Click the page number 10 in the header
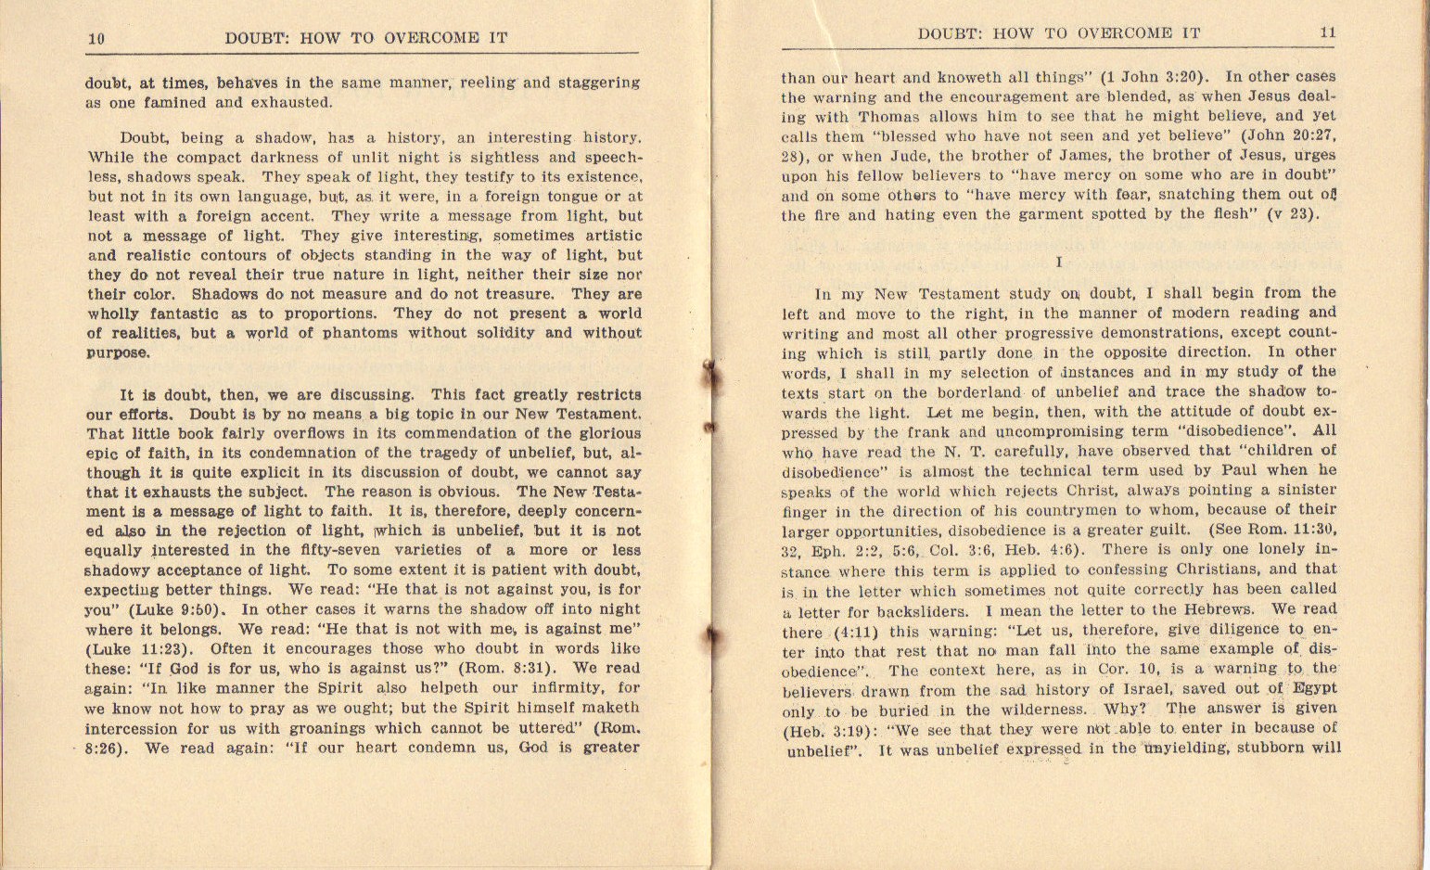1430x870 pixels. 96,39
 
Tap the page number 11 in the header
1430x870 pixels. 1328,32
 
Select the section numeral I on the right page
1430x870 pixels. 1059,262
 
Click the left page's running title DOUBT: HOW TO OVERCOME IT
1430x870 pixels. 365,39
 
